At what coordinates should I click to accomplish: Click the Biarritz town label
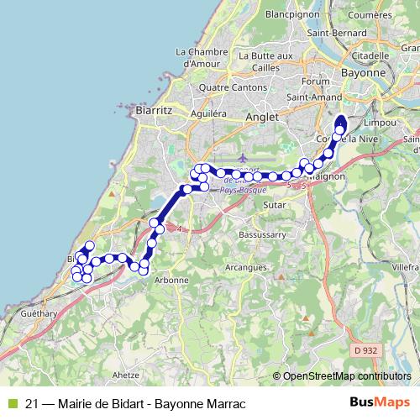tap(153, 109)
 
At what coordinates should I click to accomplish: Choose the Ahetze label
tap(124, 375)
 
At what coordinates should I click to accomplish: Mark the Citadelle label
tap(372, 55)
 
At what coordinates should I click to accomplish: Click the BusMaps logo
tap(380, 402)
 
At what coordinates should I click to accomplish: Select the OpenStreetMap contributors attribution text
tap(348, 376)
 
